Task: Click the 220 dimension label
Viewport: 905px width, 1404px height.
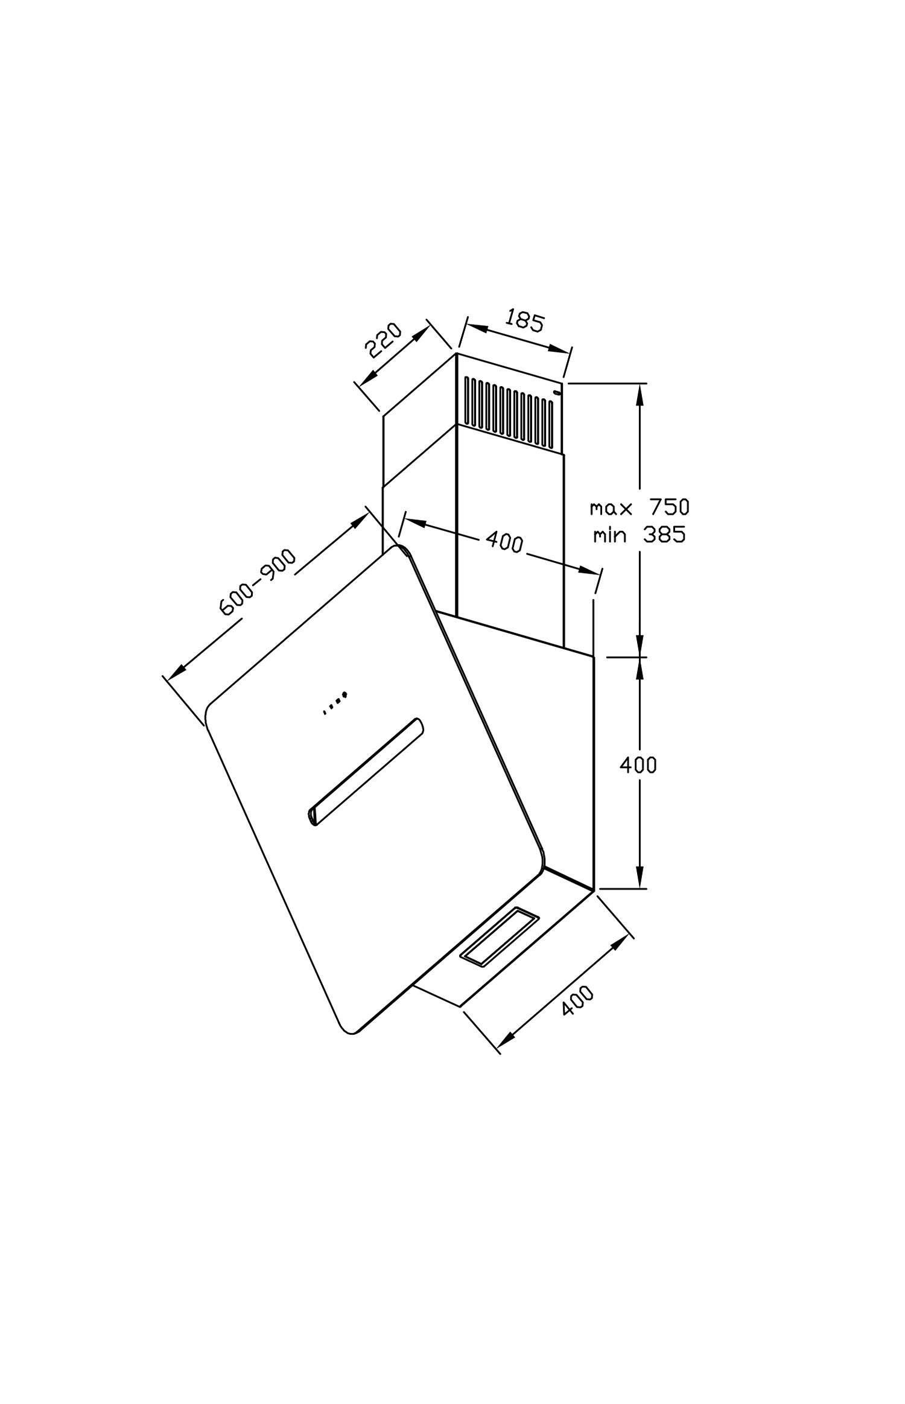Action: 384,341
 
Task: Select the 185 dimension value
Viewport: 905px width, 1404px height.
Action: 524,320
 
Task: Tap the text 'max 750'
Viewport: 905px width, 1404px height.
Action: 640,507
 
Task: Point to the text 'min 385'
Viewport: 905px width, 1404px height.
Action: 640,535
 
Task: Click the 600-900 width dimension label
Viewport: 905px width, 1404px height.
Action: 258,582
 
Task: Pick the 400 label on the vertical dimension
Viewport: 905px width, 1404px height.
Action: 638,765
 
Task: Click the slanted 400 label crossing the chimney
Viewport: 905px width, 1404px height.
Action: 504,542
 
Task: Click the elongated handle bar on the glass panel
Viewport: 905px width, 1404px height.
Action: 366,772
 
